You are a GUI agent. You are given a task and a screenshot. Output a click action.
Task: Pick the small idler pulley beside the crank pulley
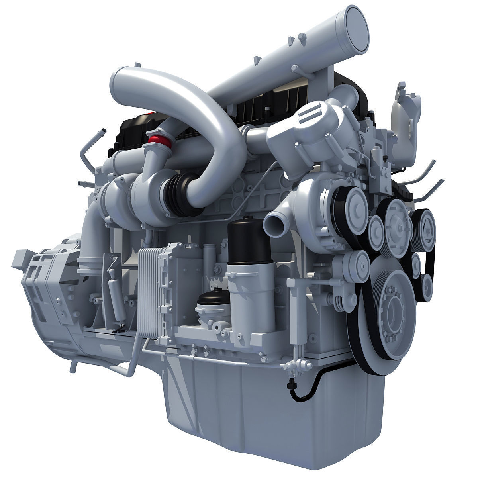[358, 263]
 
